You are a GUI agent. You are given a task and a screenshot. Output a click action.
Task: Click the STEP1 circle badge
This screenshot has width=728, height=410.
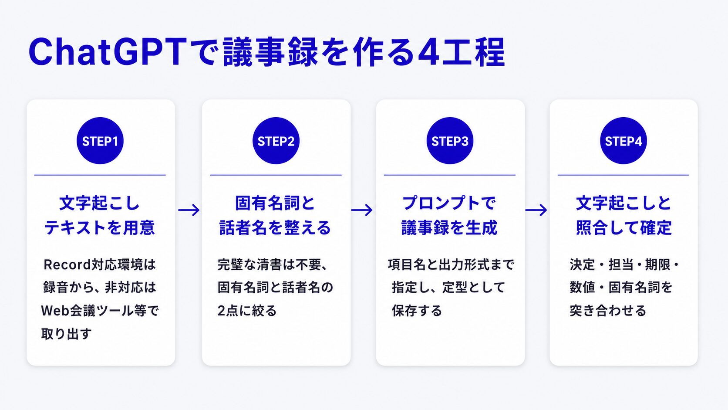tap(100, 141)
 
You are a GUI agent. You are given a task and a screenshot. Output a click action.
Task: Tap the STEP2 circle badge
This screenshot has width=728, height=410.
tap(276, 141)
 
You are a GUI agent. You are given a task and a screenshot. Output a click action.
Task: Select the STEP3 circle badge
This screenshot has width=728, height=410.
tap(450, 141)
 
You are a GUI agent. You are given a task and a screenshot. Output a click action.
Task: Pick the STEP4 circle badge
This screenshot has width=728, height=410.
tap(624, 141)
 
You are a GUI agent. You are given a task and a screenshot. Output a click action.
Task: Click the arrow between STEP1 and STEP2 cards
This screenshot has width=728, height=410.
tap(189, 210)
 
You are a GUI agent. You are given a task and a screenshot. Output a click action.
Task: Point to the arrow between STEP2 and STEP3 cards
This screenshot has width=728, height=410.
tap(362, 210)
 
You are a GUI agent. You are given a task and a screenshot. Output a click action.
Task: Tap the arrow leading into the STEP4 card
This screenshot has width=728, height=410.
tap(536, 210)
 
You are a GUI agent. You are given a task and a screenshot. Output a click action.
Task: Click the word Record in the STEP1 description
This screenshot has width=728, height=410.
tap(67, 264)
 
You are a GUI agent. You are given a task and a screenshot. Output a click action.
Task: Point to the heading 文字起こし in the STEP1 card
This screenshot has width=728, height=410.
tap(99, 203)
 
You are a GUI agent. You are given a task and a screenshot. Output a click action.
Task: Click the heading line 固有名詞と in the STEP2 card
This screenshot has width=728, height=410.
tap(275, 203)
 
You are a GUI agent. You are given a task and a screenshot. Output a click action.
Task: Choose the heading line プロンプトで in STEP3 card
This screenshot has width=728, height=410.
tap(449, 203)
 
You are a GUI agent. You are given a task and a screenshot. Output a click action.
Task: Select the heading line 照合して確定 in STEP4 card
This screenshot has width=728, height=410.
tap(624, 227)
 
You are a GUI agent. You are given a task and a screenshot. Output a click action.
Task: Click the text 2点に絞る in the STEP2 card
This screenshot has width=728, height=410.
tap(247, 311)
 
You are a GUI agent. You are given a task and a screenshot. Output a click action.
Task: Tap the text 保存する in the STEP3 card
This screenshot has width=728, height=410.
tap(417, 311)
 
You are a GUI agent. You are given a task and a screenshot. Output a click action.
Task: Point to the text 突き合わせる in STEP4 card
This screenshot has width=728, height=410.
tap(608, 311)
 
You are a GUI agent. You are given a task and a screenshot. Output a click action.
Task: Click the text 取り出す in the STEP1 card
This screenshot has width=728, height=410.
tap(66, 334)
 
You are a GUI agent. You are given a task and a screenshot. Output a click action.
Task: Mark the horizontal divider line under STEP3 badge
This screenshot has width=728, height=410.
tap(449, 175)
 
